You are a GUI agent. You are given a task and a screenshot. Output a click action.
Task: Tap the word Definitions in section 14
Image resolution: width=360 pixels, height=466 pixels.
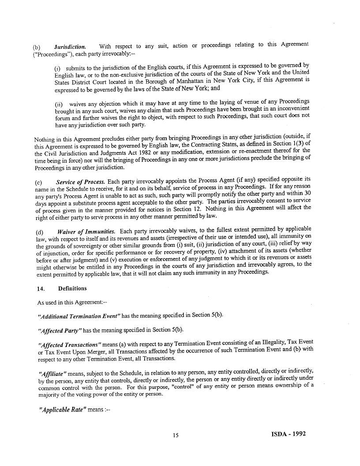click(72, 288)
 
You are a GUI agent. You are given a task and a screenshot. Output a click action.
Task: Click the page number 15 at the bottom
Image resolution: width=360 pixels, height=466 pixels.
click(176, 436)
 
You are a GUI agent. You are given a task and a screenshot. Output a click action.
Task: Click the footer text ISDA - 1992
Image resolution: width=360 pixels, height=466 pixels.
click(289, 434)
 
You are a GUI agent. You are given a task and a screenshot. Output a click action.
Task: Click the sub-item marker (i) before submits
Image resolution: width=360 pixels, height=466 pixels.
click(57, 69)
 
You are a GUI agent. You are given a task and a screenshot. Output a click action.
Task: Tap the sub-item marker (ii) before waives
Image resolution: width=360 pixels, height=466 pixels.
click(58, 104)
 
